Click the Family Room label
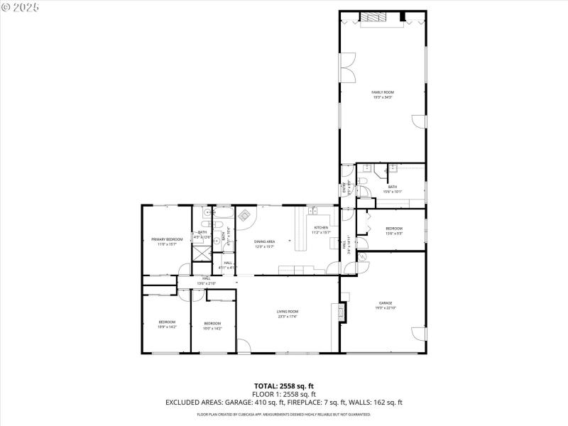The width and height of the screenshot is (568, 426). (x=383, y=92)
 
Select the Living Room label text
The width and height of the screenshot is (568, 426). (x=287, y=311)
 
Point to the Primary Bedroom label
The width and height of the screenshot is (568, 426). (x=167, y=239)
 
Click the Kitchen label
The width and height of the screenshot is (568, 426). (x=322, y=228)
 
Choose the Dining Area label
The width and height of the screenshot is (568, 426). (x=265, y=241)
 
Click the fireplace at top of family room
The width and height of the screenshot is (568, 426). (x=370, y=18)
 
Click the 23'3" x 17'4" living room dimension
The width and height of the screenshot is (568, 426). (x=287, y=316)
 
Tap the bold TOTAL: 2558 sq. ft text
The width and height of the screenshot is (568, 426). (x=284, y=386)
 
